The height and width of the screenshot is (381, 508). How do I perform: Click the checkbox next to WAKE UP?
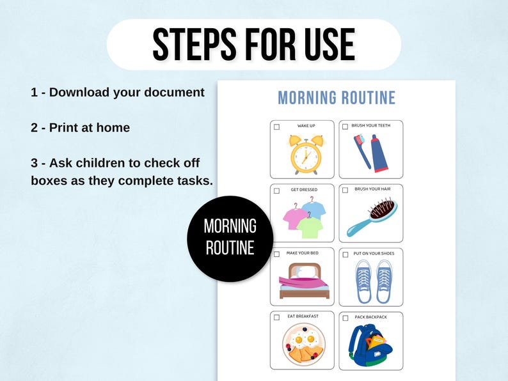[276, 127]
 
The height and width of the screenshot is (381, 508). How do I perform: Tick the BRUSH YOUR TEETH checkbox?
[345, 127]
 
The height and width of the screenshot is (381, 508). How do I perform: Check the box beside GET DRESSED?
[276, 190]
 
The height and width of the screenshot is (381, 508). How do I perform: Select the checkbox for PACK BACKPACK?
[345, 318]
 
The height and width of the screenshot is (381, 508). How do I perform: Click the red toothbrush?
[361, 151]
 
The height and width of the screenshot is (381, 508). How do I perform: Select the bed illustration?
[303, 281]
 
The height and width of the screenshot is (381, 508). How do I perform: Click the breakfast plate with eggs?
[303, 346]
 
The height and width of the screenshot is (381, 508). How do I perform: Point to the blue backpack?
[369, 345]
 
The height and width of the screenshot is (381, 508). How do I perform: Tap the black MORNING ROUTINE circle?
[230, 238]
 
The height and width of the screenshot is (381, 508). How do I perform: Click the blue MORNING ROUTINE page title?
[337, 98]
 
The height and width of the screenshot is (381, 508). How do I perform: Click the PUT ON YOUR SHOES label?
[374, 254]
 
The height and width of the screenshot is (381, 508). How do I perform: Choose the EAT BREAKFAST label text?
[303, 316]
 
